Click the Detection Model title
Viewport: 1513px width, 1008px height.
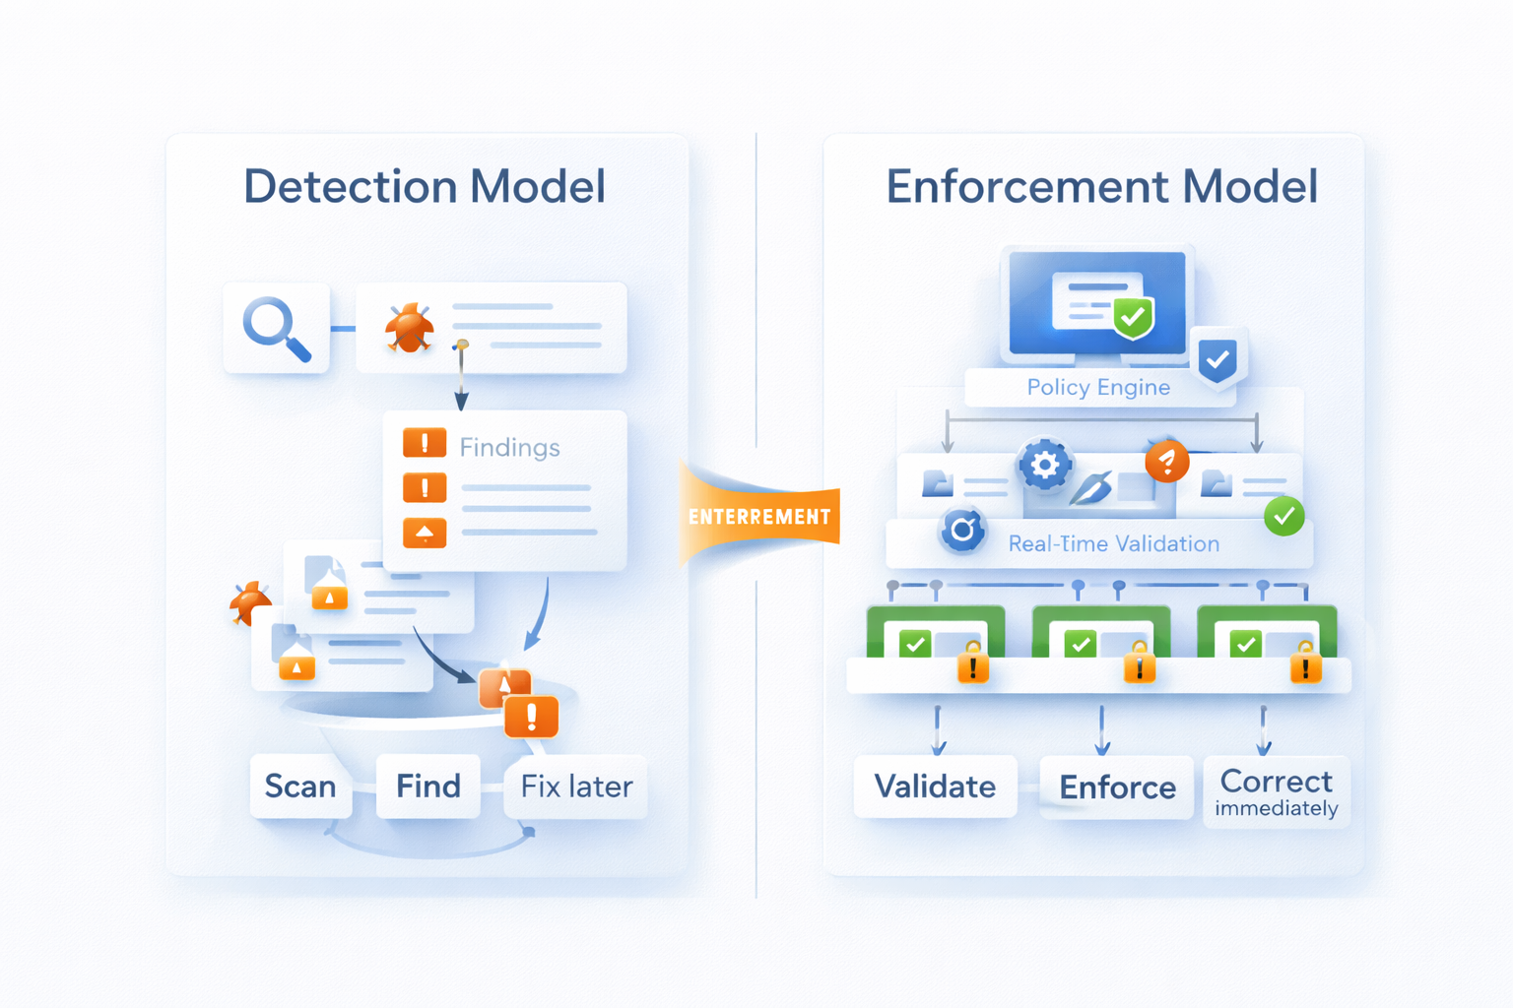pos(425,186)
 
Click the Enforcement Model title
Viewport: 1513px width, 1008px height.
pos(1101,186)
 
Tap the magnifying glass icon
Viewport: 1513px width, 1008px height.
pos(277,329)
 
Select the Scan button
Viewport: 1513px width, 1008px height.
pos(300,786)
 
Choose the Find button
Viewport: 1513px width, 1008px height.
pos(428,786)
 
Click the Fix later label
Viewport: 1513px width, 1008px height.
pos(576,786)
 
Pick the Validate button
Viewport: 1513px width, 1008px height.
pos(935,786)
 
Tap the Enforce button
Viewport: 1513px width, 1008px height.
pos(1117,787)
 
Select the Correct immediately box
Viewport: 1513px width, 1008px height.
pos(1277,791)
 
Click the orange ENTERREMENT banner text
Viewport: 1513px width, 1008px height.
pos(759,517)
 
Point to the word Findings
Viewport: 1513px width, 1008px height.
pos(509,448)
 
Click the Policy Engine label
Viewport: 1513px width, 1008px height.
pos(1098,387)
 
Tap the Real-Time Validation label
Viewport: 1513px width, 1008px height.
pos(1113,543)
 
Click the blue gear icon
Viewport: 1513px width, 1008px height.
pos(1045,464)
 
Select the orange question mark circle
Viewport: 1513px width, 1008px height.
pos(1167,461)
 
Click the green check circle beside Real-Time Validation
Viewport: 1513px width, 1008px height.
pos(1284,516)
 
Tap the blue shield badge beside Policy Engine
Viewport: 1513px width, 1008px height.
pos(1218,359)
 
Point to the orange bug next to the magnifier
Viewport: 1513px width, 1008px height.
pos(410,328)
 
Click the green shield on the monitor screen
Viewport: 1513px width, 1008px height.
pos(1133,317)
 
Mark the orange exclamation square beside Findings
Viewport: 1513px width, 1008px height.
pos(425,443)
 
